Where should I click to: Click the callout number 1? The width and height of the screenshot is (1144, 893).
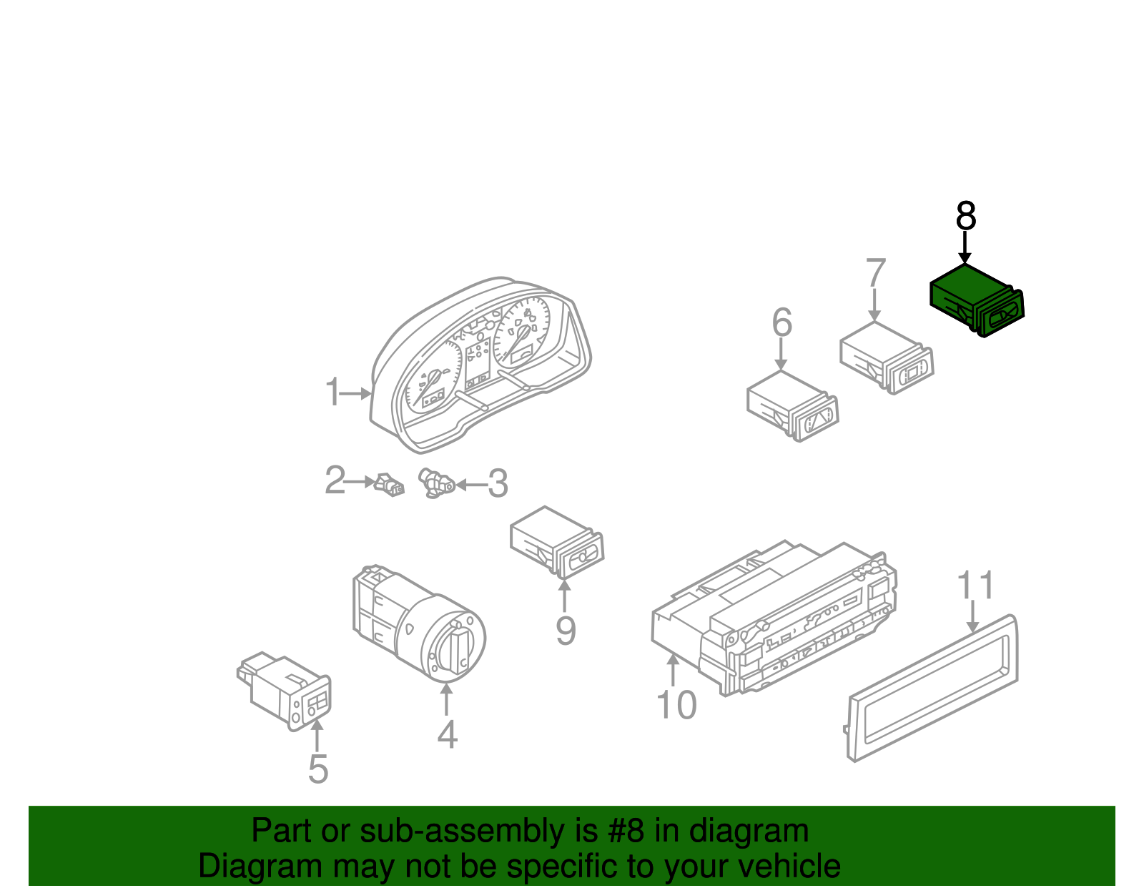click(x=332, y=393)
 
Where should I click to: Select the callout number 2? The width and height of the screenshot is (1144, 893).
click(x=335, y=480)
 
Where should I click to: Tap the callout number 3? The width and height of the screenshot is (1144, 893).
click(x=498, y=484)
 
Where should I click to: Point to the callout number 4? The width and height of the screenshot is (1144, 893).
click(x=447, y=734)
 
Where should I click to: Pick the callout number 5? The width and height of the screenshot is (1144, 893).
click(x=318, y=769)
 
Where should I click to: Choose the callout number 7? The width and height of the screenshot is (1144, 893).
click(x=875, y=274)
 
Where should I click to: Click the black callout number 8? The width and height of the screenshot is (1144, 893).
click(x=966, y=216)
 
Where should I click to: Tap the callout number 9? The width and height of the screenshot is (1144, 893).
click(x=566, y=631)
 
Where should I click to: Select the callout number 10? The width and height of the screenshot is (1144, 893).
click(x=676, y=705)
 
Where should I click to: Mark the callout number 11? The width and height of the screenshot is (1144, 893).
click(x=975, y=586)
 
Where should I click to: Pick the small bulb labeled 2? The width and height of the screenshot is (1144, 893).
click(x=389, y=484)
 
